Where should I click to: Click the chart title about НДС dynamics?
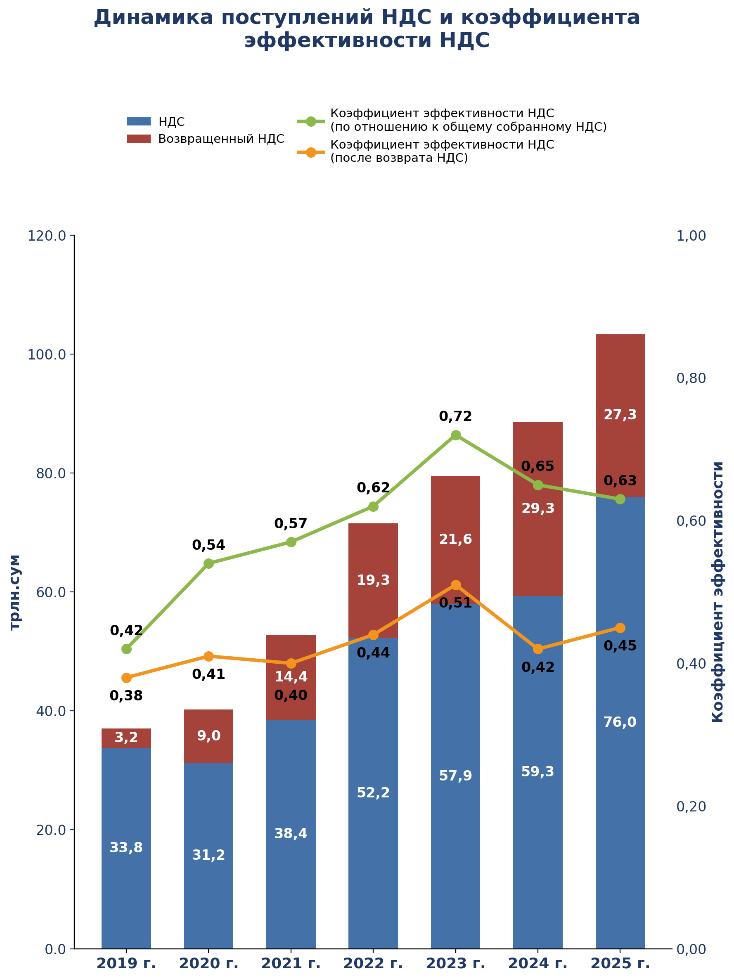pos(367,29)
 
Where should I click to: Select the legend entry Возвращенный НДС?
pos(221,139)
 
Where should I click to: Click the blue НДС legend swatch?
pos(139,121)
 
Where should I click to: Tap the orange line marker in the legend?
pos(311,152)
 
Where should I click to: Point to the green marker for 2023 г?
pos(455,435)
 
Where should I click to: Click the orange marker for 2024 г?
pos(538,649)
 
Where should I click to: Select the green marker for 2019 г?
pos(126,649)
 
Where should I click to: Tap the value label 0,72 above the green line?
pos(455,416)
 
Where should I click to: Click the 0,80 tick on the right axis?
pos(691,378)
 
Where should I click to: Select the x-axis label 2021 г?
pos(291,963)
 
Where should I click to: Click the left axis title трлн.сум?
pos(15,592)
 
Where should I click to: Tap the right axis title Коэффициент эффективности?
pos(717,592)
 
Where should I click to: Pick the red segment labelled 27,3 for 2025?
pos(620,416)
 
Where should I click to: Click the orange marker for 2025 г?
pos(620,628)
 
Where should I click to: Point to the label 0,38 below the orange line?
pos(126,696)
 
